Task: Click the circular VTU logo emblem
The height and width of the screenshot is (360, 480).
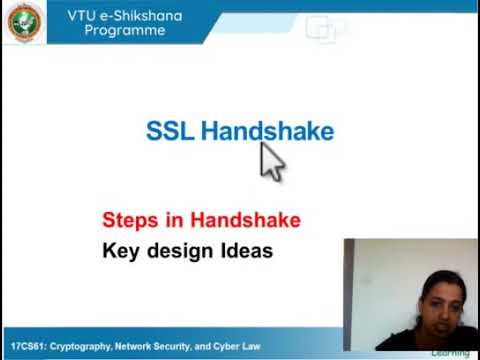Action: [x=24, y=22]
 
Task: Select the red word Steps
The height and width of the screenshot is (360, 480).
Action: [x=129, y=220]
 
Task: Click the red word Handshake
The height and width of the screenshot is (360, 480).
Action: [x=245, y=220]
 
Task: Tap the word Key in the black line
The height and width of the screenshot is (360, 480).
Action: [x=121, y=251]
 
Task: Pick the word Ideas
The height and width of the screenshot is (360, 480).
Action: [x=246, y=251]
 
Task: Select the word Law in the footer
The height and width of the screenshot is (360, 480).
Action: [x=251, y=346]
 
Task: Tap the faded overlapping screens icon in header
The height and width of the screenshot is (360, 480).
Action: [x=325, y=30]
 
